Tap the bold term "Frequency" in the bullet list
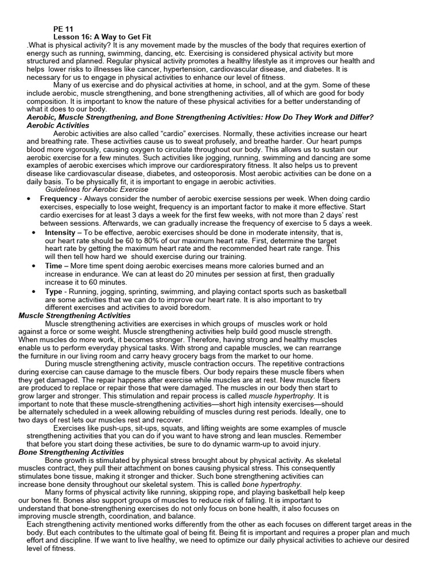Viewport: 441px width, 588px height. pyautogui.click(x=59, y=199)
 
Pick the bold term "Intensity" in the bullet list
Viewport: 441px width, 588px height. pyautogui.click(x=60, y=233)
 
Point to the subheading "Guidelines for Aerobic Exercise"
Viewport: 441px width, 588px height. pyautogui.click(x=96, y=189)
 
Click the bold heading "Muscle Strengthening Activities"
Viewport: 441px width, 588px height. pyautogui.click(x=75, y=316)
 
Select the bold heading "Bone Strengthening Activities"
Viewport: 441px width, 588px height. pyautogui.click(x=71, y=452)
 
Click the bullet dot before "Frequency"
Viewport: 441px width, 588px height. pyautogui.click(x=29, y=199)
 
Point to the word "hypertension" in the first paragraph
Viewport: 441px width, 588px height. pyautogui.click(x=190, y=69)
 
